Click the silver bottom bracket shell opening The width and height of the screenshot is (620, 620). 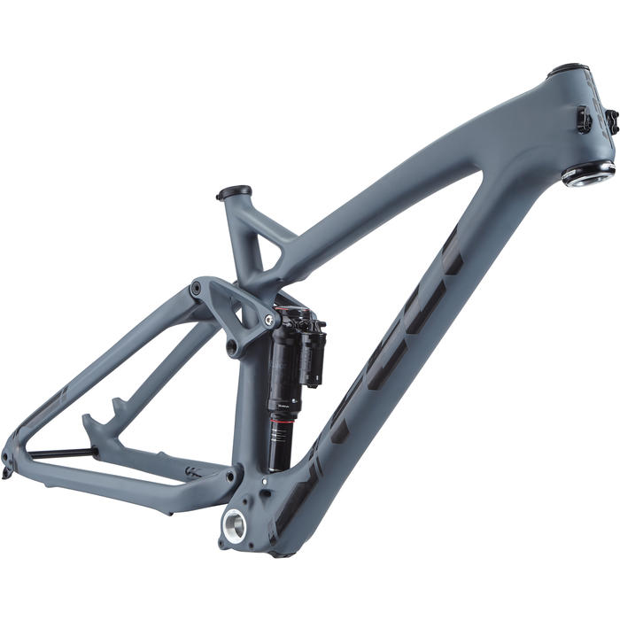(234, 525)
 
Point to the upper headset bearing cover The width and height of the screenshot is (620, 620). (568, 70)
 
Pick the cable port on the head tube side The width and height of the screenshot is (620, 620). (584, 119)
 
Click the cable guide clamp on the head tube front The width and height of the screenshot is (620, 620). (611, 120)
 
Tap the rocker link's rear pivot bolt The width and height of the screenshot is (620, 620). (194, 290)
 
